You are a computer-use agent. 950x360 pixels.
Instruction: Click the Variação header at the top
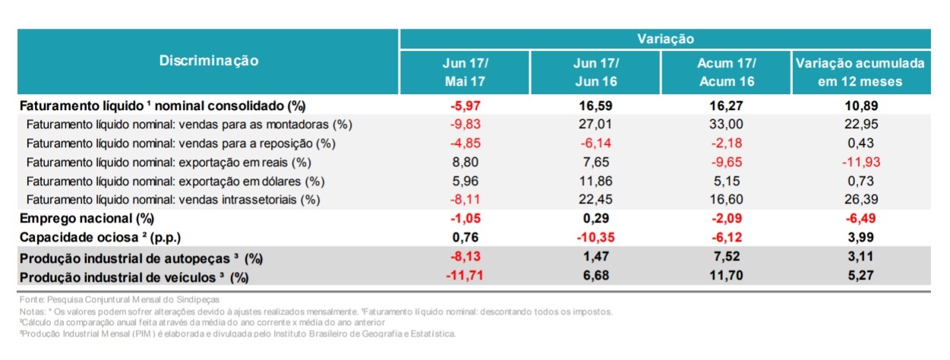point(664,38)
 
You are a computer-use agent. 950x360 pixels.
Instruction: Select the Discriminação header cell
point(208,61)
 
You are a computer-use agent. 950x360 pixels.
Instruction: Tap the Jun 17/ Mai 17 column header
point(465,71)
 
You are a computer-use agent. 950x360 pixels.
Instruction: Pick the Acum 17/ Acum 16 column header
point(727,71)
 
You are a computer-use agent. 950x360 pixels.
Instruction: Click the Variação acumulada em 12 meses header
point(860,71)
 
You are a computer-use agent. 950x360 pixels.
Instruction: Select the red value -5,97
point(465,106)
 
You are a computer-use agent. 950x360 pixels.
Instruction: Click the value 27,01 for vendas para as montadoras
point(595,124)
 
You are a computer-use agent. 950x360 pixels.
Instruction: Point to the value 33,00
point(727,124)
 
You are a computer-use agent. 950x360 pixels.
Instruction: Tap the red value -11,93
point(860,162)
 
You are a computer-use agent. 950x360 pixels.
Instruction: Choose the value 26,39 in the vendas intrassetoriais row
point(860,200)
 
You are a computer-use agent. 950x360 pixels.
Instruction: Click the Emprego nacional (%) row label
point(87,219)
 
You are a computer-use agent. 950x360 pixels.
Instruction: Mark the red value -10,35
point(595,238)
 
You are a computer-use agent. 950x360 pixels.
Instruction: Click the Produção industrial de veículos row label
point(134,277)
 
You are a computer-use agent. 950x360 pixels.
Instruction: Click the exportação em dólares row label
point(175,181)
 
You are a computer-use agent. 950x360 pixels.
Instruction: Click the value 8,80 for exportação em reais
point(465,162)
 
